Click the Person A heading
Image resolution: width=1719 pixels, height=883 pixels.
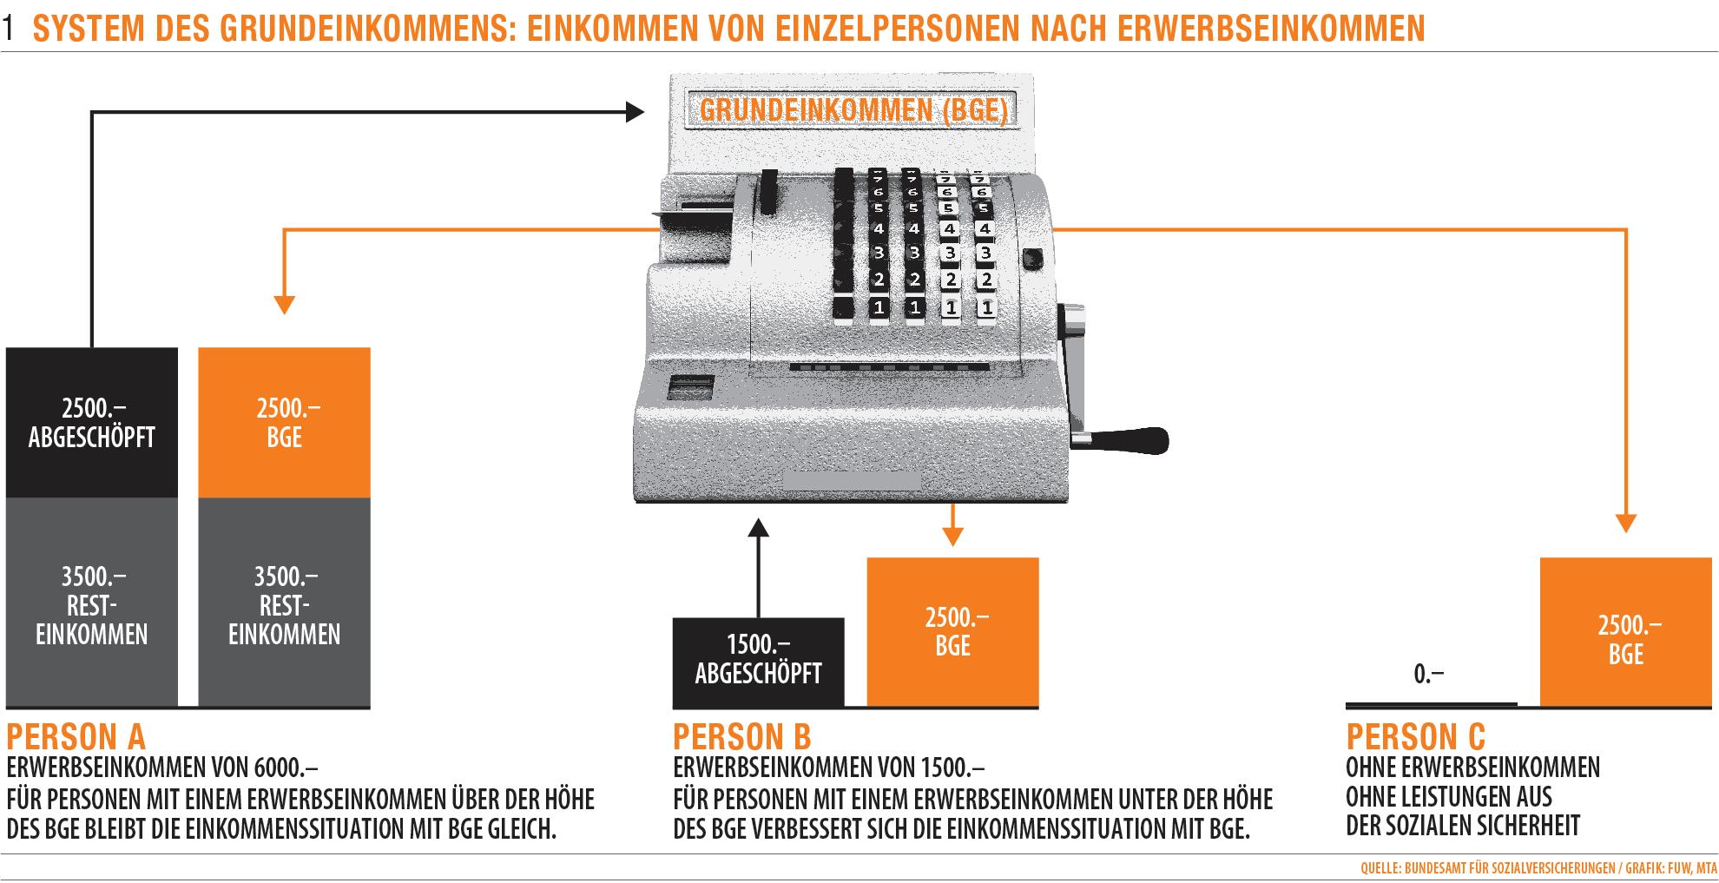coord(76,737)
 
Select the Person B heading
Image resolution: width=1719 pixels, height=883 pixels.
coord(741,737)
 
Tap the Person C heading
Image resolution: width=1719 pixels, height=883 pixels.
coord(1415,737)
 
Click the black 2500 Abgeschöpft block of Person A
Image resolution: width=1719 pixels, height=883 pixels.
coord(92,423)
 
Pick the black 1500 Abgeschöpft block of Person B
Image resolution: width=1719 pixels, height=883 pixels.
coord(758,662)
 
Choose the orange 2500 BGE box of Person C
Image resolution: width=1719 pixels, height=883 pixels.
coord(1625,631)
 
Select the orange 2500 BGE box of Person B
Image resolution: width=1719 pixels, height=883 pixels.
coord(952,631)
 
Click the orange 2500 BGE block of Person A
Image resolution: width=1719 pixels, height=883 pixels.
coord(284,423)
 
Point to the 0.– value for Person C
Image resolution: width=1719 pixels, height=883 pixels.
coord(1428,674)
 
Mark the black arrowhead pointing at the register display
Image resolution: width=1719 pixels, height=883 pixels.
coord(636,111)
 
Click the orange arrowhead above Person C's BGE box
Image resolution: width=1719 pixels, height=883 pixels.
coord(1625,524)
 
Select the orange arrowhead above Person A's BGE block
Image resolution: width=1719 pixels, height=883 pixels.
coord(284,305)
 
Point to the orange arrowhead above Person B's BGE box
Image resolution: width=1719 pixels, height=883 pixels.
coord(952,537)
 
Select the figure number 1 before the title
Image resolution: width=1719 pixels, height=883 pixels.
coord(10,30)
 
